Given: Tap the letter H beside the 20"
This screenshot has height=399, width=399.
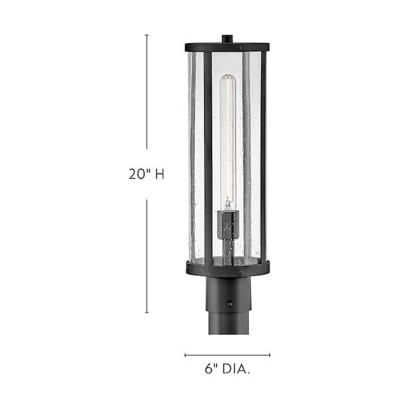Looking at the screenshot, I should pos(158,175).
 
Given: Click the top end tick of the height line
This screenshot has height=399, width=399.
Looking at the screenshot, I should pos(147,35).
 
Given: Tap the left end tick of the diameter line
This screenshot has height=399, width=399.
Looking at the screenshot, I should pos(186,355).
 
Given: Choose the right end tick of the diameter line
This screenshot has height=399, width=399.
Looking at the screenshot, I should pos(270,355).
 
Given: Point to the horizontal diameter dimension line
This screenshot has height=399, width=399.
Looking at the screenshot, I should pos(227,355).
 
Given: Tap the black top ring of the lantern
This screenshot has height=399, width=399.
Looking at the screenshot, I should pos(227,47).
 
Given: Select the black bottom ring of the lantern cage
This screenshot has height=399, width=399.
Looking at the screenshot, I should pos(227,268).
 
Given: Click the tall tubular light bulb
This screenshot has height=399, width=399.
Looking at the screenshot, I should pos(227,140).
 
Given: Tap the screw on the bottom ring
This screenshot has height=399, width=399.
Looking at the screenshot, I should pos(237,272).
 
